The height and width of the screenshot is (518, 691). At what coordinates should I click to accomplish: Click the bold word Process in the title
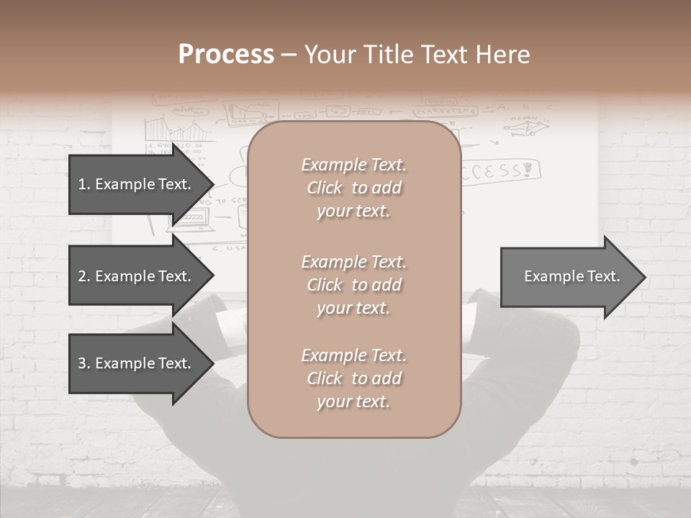point(226,55)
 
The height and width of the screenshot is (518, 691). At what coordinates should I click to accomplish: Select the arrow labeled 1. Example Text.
point(137,184)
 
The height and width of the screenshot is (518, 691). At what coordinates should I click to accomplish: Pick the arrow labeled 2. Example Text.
point(137,276)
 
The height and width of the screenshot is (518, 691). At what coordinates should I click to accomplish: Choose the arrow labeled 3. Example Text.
point(137,363)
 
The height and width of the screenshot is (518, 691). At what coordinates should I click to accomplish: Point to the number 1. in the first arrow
point(84,184)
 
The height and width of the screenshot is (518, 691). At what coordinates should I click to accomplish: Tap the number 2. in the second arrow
point(84,276)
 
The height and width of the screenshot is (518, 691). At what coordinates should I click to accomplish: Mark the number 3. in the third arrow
point(84,363)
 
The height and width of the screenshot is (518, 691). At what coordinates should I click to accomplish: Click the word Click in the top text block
point(325,188)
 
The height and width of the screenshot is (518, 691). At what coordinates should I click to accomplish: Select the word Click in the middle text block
point(325,285)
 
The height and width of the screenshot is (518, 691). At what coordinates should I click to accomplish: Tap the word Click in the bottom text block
point(325,378)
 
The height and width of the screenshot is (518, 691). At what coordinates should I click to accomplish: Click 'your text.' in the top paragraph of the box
point(353,211)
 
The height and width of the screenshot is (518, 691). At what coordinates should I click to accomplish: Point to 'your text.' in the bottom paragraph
point(353,401)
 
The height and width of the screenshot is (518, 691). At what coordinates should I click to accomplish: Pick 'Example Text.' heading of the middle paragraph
point(353,262)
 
